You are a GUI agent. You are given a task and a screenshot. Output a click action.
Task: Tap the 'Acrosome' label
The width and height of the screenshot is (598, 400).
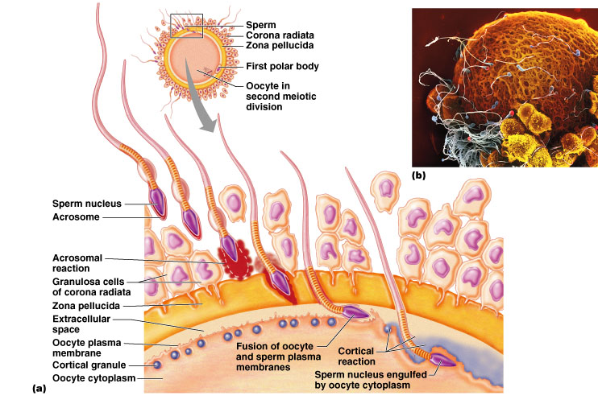pyautogui.click(x=77, y=216)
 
